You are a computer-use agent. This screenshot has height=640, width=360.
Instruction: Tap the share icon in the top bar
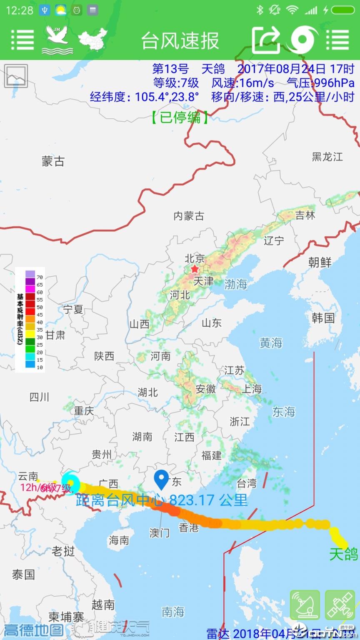coord(267,40)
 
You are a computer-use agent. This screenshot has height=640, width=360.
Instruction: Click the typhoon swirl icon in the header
coord(302,40)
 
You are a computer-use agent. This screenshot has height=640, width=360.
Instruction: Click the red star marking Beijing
coord(195,269)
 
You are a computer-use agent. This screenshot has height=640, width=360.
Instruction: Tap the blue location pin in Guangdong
coord(161,480)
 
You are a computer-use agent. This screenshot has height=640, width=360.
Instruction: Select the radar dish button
coord(305,605)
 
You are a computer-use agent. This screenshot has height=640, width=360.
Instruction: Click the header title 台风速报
coord(180,41)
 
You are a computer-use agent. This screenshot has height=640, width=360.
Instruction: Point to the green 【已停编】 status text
coord(180,117)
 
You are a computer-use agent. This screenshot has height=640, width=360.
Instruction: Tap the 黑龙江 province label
coord(327,157)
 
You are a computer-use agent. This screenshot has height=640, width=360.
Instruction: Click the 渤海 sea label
coord(236,284)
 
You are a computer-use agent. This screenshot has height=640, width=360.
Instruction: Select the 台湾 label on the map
coord(247,483)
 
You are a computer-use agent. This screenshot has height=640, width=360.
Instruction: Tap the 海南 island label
coord(119,540)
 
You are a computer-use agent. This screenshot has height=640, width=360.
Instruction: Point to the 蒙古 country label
coord(53,161)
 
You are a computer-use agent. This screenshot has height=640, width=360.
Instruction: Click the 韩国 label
coord(323,318)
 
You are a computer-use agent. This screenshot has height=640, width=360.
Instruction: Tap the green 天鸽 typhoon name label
coord(343,554)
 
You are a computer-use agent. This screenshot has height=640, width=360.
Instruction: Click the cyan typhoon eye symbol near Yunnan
coord(71,482)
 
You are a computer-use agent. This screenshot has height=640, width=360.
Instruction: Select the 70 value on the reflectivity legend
coord(40,277)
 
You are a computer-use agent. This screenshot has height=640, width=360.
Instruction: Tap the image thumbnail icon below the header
coord(16,76)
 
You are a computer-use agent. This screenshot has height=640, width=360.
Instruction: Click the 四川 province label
coord(39,397)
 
